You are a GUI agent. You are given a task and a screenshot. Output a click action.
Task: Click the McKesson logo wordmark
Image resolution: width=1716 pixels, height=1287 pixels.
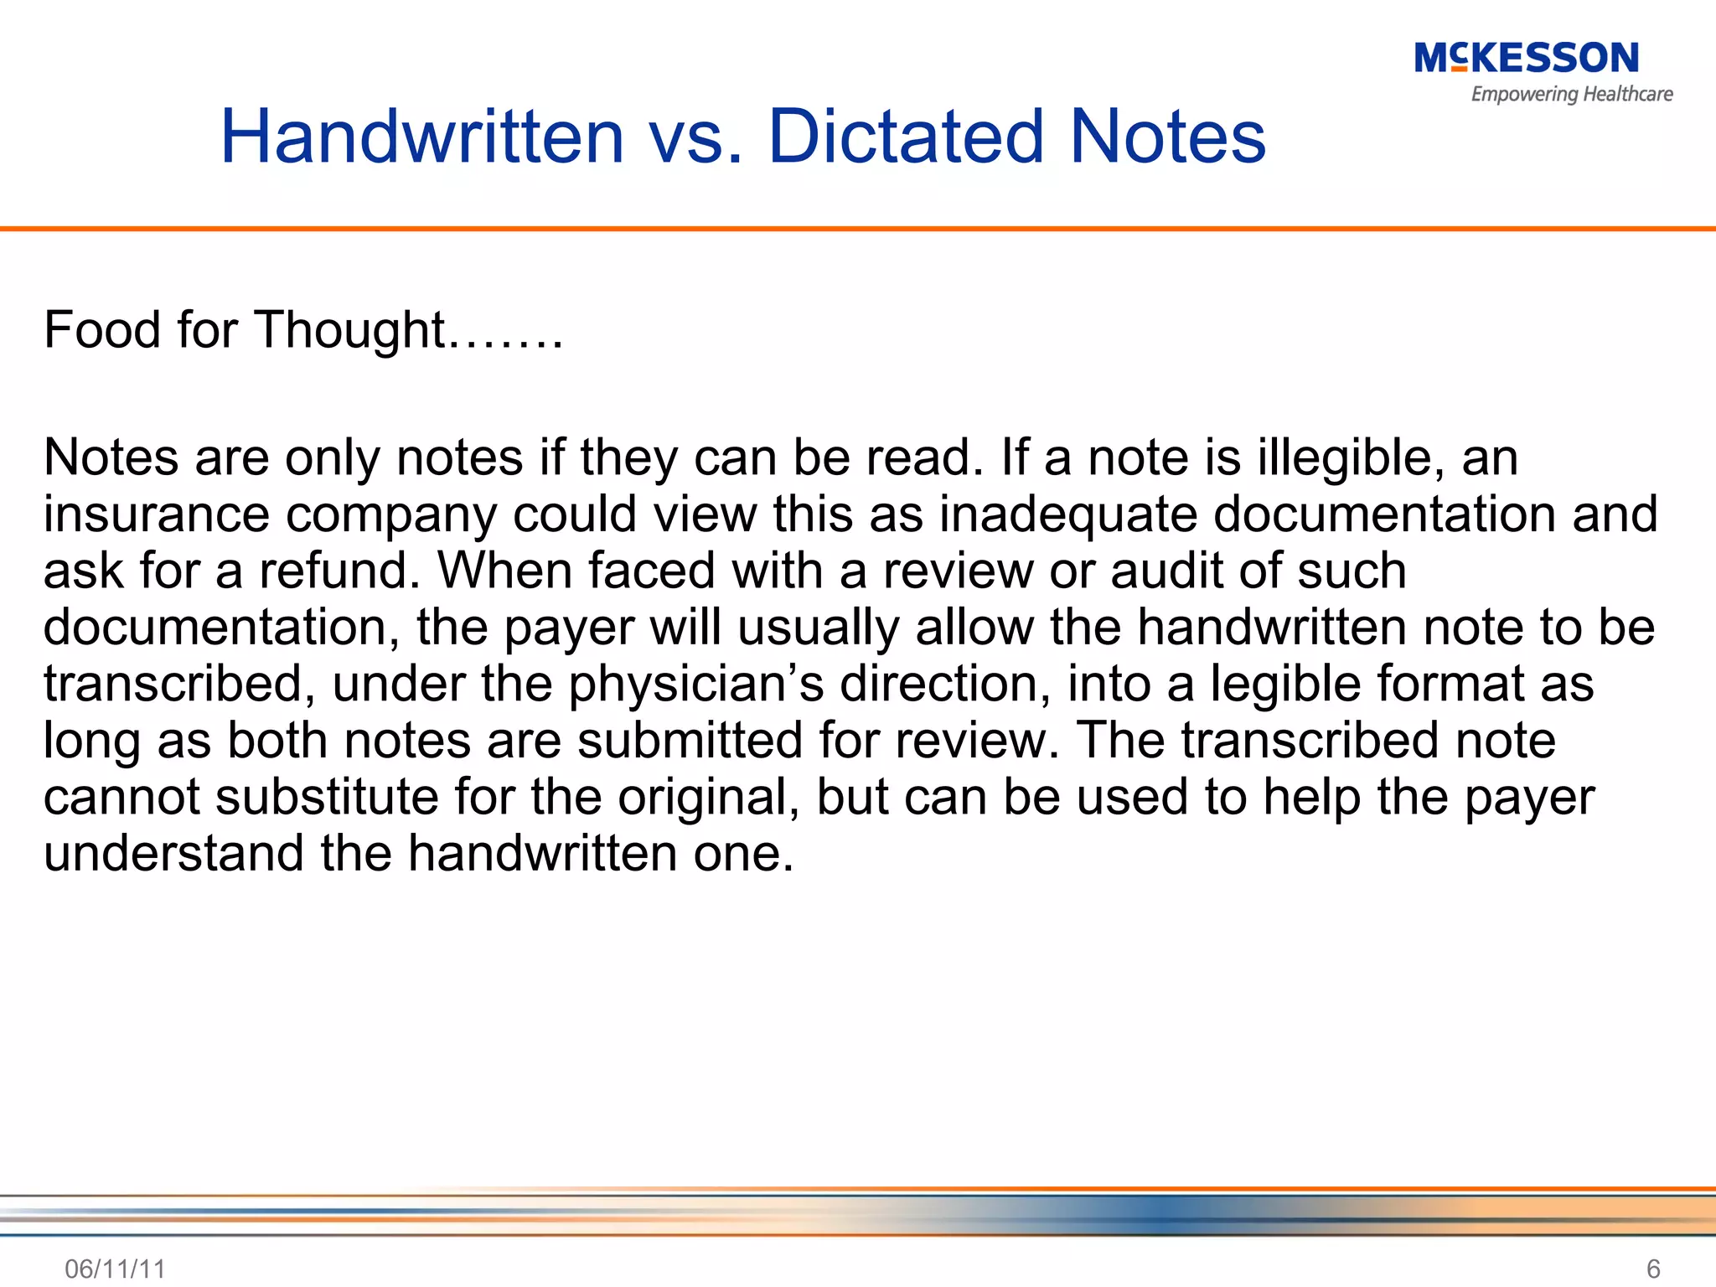coord(1526,59)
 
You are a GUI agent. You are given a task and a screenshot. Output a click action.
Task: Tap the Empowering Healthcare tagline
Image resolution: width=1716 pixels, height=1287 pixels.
coord(1572,94)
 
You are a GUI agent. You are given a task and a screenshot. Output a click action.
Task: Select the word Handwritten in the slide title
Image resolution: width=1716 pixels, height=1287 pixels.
coord(422,137)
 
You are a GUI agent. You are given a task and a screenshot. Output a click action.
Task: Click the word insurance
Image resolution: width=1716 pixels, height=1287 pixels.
coord(157,514)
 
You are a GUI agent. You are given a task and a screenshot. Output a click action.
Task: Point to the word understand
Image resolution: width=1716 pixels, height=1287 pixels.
coord(173,853)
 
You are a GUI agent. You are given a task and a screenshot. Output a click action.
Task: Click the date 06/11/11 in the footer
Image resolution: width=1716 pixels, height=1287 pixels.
coord(115,1269)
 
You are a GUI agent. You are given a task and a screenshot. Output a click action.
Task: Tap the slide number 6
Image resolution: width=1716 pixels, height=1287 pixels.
coord(1653,1269)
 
